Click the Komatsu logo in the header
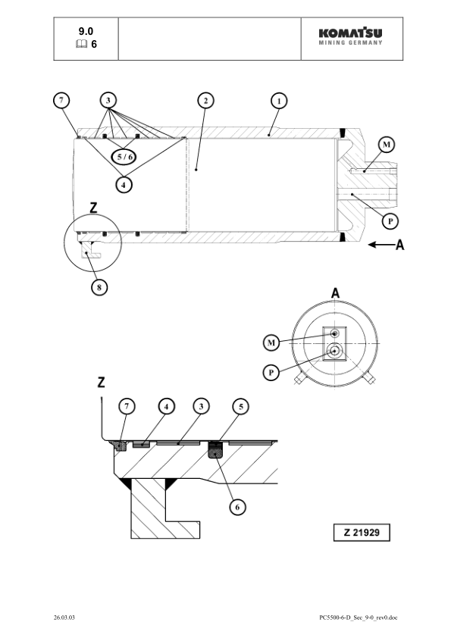click(x=350, y=33)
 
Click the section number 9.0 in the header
click(x=86, y=31)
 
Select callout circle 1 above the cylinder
click(x=279, y=101)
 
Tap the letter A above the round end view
click(x=334, y=293)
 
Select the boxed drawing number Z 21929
click(x=362, y=533)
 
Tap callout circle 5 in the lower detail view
click(x=240, y=407)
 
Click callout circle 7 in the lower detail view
click(x=127, y=407)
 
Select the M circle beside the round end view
click(x=271, y=343)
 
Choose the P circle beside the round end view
click(x=271, y=373)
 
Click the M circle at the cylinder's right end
click(x=387, y=145)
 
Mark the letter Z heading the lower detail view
click(x=101, y=382)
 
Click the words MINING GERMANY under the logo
click(x=350, y=42)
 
